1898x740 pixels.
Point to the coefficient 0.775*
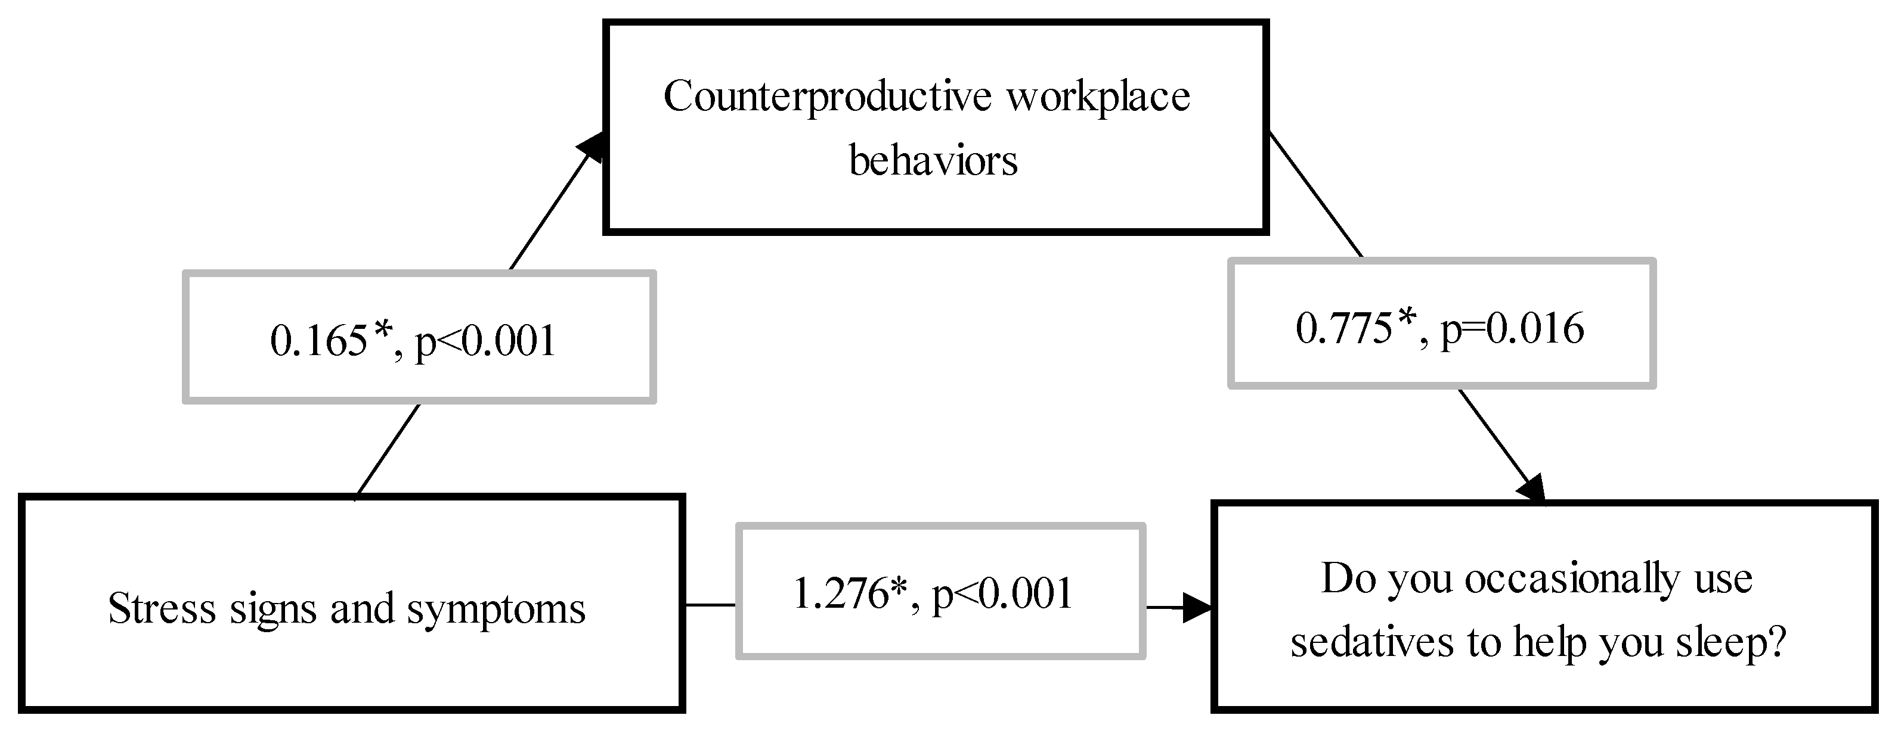1357,328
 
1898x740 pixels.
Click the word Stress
162,609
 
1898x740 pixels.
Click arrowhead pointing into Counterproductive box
593,147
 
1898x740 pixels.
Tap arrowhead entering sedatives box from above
1532,490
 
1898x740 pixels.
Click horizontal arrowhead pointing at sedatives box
1197,608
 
